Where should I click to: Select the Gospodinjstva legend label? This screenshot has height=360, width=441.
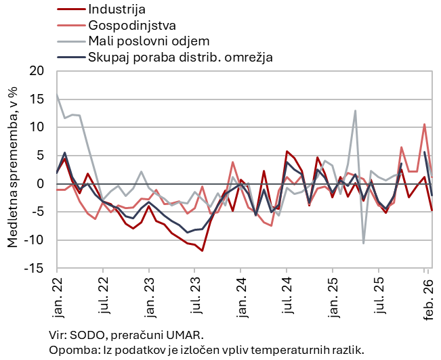[131, 25]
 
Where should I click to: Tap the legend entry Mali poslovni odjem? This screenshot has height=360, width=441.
[148, 41]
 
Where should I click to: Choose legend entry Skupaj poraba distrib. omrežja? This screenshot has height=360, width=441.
[180, 57]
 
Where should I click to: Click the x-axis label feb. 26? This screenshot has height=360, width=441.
[427, 295]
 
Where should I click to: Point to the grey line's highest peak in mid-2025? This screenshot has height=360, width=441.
[355, 111]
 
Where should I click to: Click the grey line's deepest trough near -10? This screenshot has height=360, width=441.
[363, 243]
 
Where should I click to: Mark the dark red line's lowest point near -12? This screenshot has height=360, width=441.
[202, 250]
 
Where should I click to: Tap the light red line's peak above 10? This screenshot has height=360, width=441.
[424, 125]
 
